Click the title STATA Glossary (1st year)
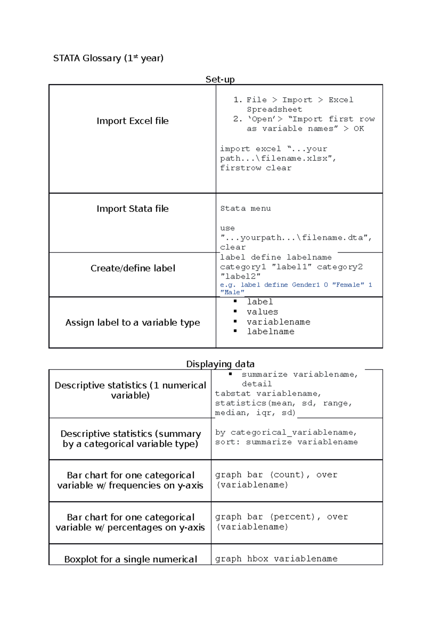108,58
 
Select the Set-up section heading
220,79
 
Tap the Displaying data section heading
220,364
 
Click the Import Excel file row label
132,121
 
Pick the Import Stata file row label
132,209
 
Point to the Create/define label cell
133,269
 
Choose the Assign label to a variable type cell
133,323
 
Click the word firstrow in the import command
241,168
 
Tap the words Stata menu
245,208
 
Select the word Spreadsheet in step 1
274,110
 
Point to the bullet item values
262,312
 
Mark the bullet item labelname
271,332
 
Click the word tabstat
233,394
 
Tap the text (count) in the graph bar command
287,475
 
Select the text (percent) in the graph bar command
293,517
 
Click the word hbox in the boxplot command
257,559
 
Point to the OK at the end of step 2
359,129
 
